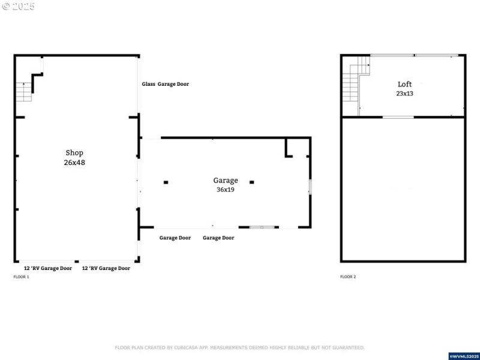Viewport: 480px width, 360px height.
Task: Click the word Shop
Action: (x=74, y=152)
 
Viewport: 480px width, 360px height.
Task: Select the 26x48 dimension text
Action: (x=74, y=163)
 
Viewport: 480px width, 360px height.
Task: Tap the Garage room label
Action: (x=226, y=180)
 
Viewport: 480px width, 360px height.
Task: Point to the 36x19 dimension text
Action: (x=226, y=190)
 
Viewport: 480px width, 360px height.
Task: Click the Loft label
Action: (x=405, y=84)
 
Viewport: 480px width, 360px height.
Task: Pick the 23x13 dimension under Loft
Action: (x=405, y=94)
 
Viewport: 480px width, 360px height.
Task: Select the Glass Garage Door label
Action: (x=165, y=84)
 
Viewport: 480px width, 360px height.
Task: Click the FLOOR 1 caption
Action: (x=21, y=277)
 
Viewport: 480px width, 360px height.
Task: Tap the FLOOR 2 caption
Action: (x=348, y=277)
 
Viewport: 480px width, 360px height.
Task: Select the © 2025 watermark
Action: (x=19, y=6)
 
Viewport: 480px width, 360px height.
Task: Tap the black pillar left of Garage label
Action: (x=166, y=182)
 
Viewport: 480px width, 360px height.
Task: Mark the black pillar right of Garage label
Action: (x=252, y=182)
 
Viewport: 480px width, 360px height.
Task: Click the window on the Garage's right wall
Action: (x=310, y=186)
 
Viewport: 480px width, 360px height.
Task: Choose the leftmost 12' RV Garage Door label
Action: (x=48, y=268)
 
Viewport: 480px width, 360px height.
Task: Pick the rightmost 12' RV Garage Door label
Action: (x=106, y=268)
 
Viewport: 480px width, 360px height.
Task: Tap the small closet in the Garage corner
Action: (x=298, y=147)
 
